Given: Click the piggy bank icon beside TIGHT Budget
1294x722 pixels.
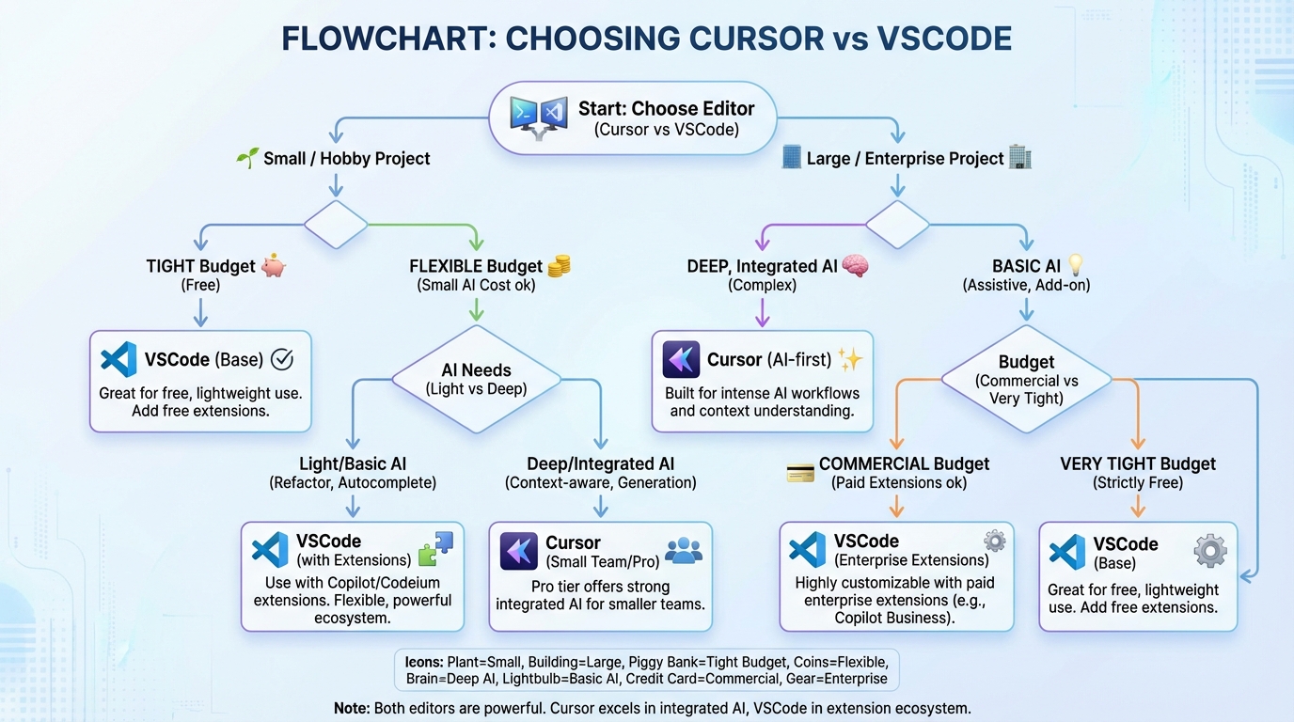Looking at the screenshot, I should [x=274, y=265].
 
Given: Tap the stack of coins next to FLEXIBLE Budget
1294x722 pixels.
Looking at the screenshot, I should [x=559, y=265].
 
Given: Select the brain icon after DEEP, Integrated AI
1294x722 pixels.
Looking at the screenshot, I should [x=855, y=265].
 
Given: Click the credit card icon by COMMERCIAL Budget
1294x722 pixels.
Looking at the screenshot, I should [x=799, y=473].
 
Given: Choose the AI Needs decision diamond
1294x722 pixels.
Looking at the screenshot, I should [x=476, y=379].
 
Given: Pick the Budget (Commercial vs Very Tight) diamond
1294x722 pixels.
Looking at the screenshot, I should [x=1027, y=380].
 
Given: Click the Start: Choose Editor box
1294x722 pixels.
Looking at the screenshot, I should [x=633, y=118].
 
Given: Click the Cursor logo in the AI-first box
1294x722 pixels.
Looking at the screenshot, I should [x=681, y=360].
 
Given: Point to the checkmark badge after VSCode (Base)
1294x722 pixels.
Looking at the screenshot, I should [x=282, y=359].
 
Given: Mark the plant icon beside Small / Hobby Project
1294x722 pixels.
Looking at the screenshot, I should [x=247, y=158].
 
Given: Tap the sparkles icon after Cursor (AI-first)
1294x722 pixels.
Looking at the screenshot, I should [x=850, y=359].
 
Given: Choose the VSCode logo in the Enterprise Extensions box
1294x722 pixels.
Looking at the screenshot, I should [x=807, y=550].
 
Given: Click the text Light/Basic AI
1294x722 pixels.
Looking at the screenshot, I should [x=353, y=463].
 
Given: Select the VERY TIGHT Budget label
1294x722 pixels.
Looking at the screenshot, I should [x=1138, y=463].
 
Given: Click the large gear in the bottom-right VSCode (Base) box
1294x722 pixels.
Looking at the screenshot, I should [x=1210, y=552].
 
